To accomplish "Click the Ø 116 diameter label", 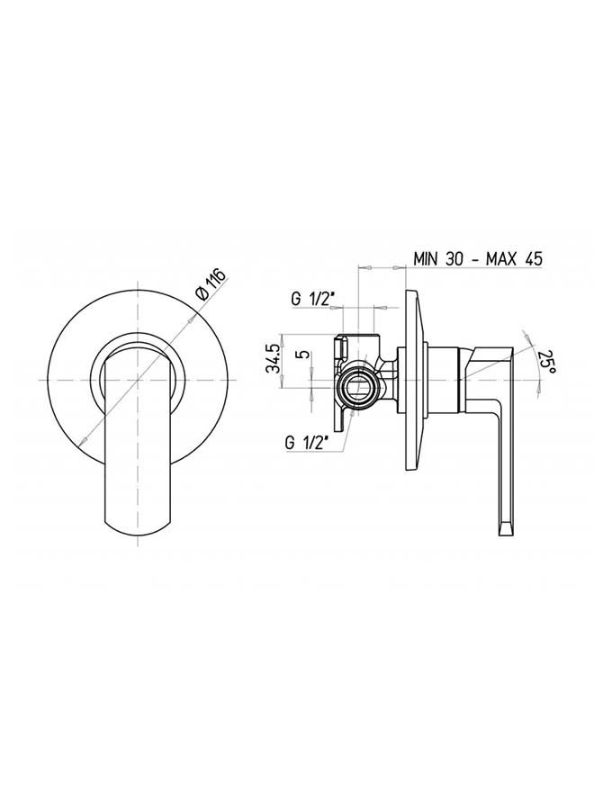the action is click(x=211, y=284).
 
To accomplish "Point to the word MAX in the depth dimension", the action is click(x=501, y=258).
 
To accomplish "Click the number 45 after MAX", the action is click(x=532, y=258).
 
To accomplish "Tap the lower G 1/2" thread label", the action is click(x=307, y=443).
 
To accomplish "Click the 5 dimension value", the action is click(x=304, y=355).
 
